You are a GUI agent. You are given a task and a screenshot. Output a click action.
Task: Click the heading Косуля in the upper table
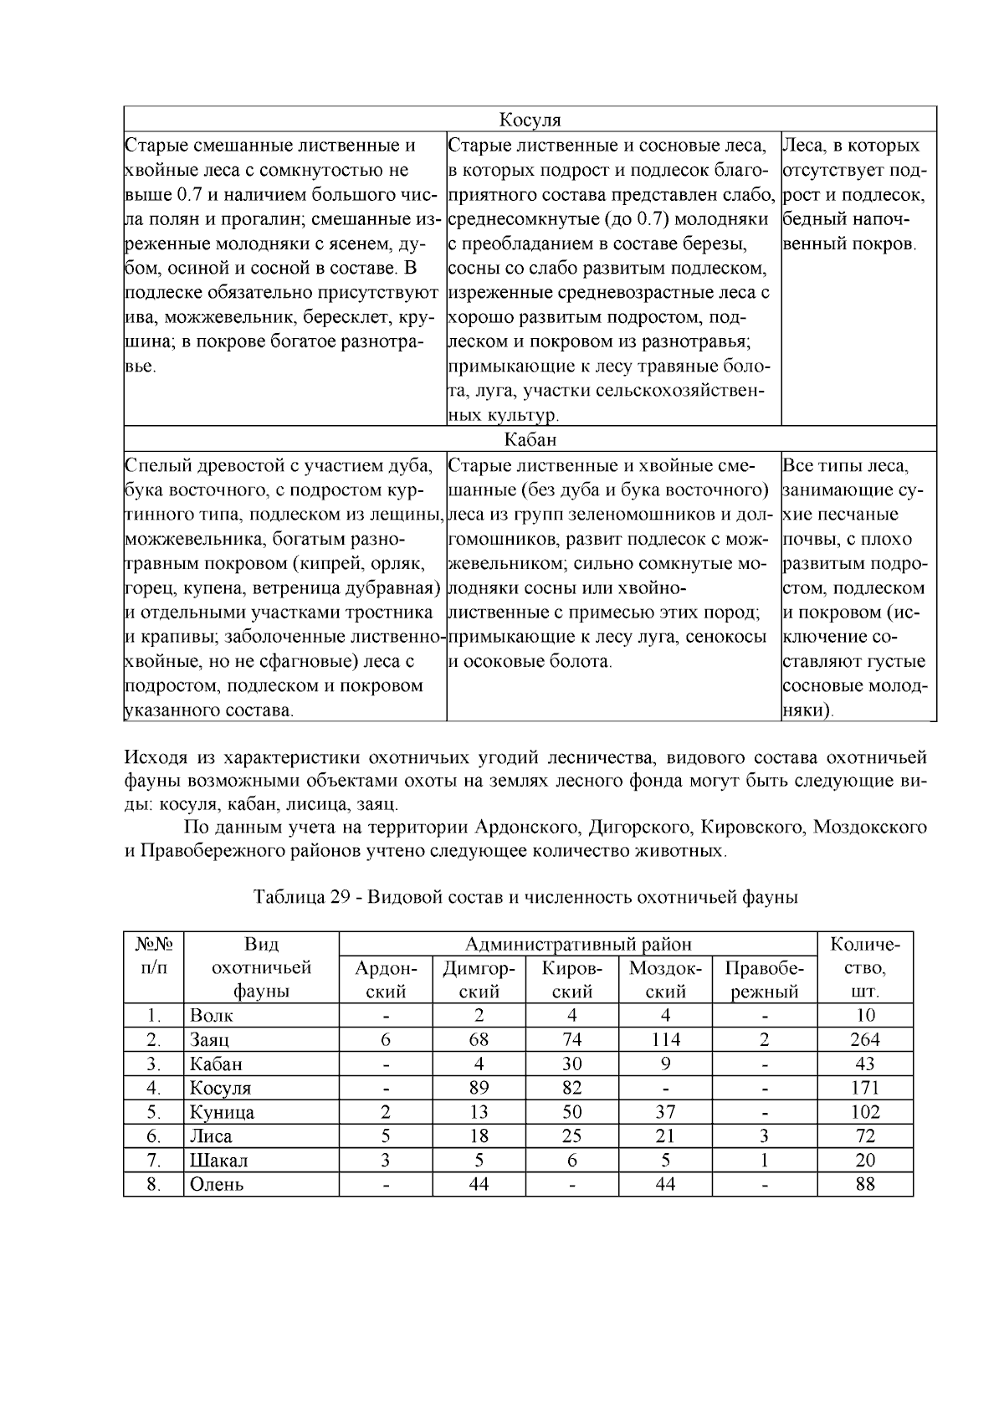click(x=530, y=120)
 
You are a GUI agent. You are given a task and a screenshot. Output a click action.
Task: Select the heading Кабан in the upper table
click(x=530, y=439)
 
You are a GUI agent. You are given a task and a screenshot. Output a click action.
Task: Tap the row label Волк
click(x=212, y=1016)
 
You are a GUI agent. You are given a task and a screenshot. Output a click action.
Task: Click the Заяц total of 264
click(x=865, y=1040)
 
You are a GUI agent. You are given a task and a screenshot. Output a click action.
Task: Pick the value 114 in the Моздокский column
click(x=665, y=1040)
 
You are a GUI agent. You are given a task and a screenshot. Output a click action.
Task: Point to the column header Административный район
click(x=578, y=945)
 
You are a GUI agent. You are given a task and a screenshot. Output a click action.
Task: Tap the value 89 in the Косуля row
click(x=479, y=1088)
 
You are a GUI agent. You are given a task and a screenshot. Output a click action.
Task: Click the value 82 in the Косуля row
click(x=572, y=1088)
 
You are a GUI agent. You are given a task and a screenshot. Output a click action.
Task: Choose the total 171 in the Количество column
click(x=865, y=1088)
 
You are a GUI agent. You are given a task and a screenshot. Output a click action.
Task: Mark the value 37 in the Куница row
click(x=665, y=1112)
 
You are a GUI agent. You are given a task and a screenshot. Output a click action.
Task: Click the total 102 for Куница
click(x=865, y=1112)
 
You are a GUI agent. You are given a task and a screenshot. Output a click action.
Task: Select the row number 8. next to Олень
click(x=153, y=1184)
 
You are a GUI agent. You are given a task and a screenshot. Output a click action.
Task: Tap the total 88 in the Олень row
click(x=865, y=1184)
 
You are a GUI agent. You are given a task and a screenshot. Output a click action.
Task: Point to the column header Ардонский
click(x=386, y=980)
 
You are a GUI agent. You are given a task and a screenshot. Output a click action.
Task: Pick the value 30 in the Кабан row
click(x=572, y=1064)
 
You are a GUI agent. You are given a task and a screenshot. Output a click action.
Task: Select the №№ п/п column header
click(x=153, y=956)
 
